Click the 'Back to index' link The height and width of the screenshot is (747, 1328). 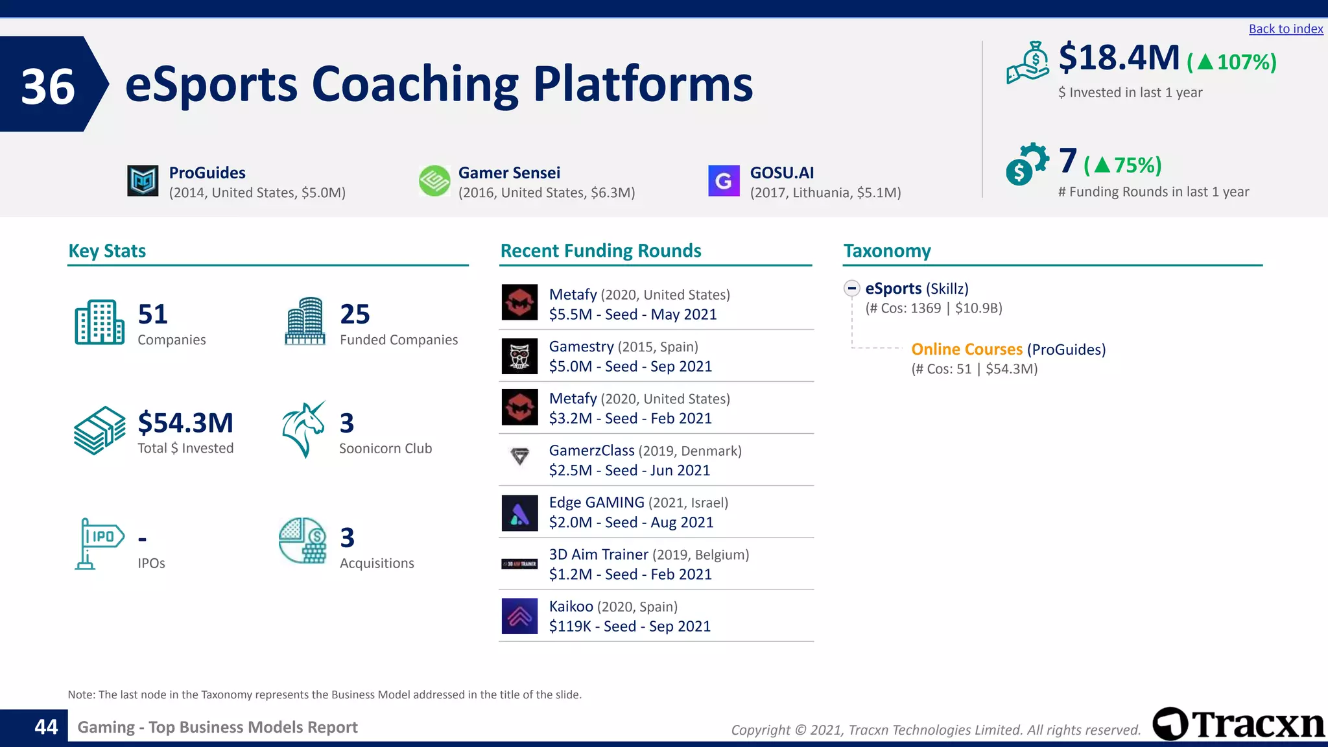(x=1285, y=29)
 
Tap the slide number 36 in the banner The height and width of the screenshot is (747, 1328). (x=48, y=86)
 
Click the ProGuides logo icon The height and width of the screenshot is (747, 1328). (x=143, y=181)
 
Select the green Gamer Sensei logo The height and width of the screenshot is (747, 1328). (x=434, y=181)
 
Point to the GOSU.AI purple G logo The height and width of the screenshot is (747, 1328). (x=724, y=181)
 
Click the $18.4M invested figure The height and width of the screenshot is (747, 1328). (x=1119, y=58)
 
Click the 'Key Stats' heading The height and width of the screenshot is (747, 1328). (x=107, y=251)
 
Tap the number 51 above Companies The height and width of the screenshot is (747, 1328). (x=153, y=314)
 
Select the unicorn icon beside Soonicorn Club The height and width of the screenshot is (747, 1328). (x=303, y=429)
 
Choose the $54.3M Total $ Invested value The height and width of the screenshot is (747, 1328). (x=185, y=423)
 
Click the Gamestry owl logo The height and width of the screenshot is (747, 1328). (x=519, y=356)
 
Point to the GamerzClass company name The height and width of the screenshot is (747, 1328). (x=591, y=451)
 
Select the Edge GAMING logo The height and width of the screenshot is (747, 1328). (x=519, y=512)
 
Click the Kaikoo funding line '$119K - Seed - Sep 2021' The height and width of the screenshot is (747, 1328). (x=630, y=626)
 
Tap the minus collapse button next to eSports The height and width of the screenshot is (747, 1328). (x=851, y=289)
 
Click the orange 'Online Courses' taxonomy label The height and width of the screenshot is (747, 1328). (x=966, y=350)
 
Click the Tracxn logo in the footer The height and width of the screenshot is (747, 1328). (x=1238, y=724)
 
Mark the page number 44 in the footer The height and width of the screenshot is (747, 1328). (x=46, y=727)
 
